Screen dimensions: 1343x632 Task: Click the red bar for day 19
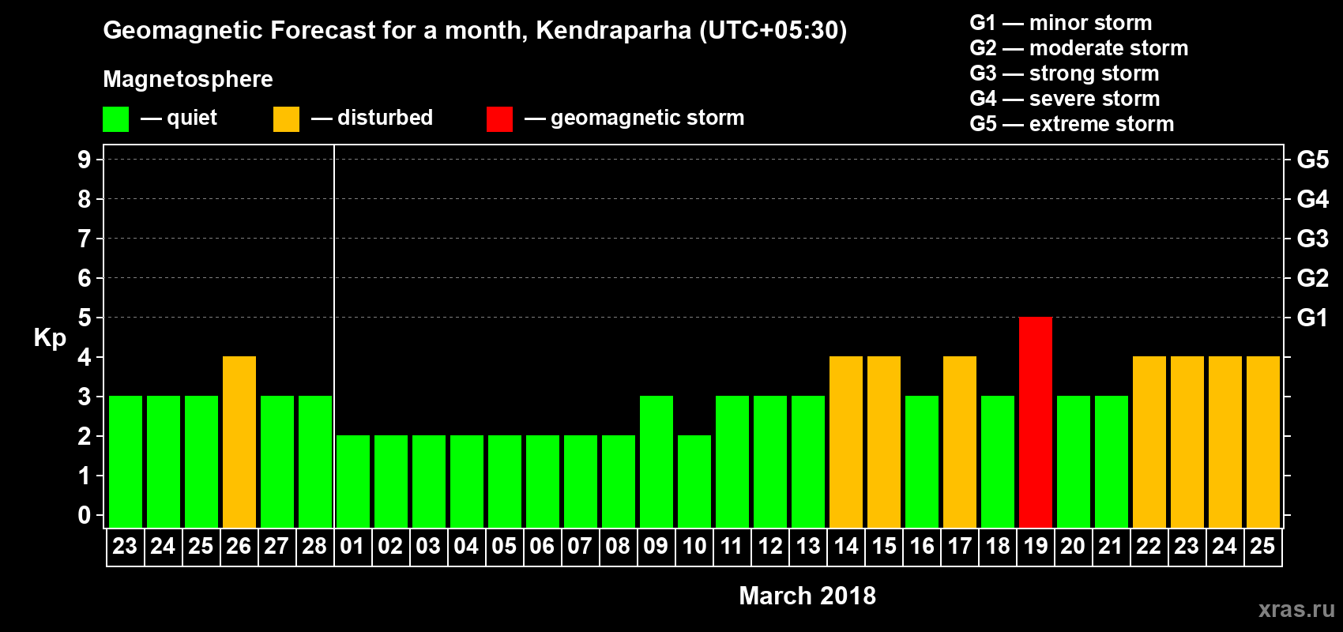[1036, 422]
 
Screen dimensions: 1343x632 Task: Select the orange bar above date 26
[239, 442]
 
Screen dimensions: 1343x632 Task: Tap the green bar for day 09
[656, 461]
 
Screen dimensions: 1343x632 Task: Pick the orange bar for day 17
[960, 442]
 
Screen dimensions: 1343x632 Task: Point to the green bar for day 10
[694, 481]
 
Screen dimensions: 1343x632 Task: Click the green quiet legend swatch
[115, 118]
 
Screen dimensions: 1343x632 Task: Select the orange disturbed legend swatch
[287, 118]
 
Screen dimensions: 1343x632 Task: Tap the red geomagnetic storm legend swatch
[500, 118]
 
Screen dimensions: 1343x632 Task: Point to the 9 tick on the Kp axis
[84, 160]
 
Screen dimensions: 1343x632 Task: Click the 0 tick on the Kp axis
[84, 515]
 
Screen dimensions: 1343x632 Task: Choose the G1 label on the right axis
[1312, 318]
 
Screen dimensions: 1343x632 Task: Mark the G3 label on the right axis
[1312, 239]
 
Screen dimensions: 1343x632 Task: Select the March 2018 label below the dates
[807, 596]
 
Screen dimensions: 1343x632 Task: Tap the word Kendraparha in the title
[613, 31]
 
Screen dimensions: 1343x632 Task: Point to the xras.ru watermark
[1296, 609]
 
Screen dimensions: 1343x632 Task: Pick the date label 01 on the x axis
[352, 546]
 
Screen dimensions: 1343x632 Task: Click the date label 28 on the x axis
[314, 546]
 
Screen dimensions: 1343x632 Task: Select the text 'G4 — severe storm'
[1065, 99]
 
